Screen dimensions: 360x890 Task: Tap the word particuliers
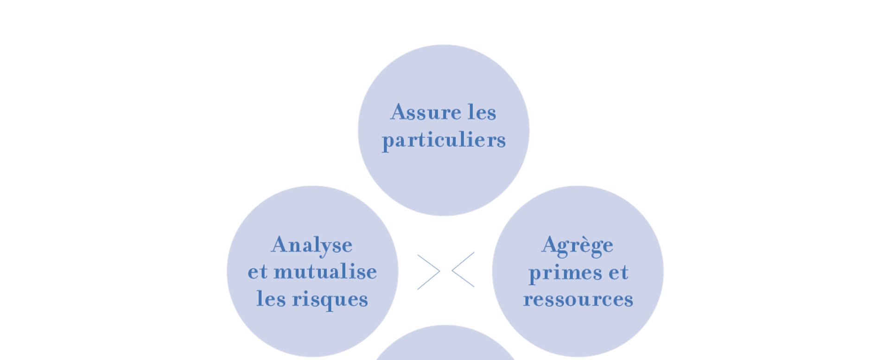tap(444, 140)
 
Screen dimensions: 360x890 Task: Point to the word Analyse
tap(312, 245)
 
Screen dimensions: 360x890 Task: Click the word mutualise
tap(325, 272)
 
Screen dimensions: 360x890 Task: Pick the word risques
tap(330, 299)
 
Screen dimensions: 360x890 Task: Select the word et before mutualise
tap(258, 272)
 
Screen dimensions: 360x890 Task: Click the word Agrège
tap(578, 246)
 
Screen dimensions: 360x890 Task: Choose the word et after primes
tap(618, 272)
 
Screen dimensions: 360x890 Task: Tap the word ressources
tap(578, 299)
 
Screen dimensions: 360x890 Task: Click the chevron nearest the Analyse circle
tap(429, 272)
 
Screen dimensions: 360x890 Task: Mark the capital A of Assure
tap(399, 112)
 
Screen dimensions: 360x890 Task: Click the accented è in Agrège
tap(590, 245)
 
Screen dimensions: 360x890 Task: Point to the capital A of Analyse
tap(280, 245)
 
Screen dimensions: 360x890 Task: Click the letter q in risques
tap(332, 301)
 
